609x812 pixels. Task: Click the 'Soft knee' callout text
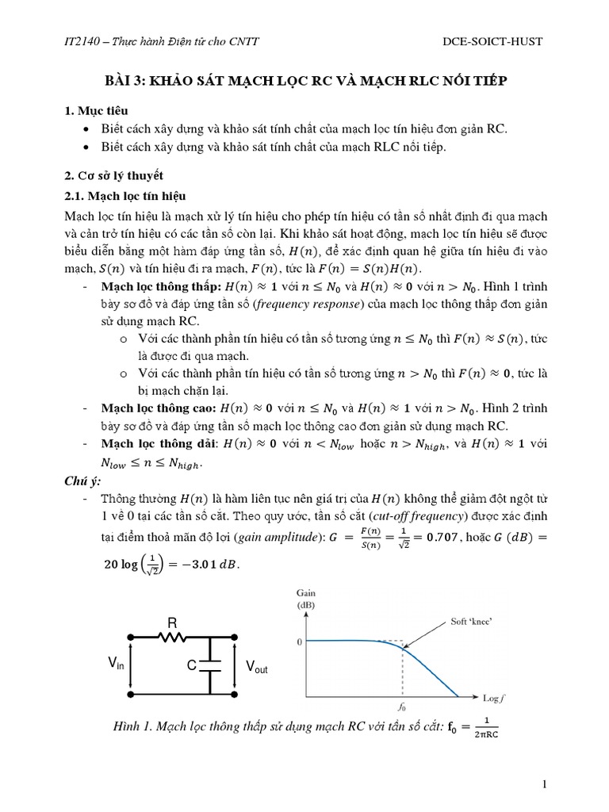click(473, 623)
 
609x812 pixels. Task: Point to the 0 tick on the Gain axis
click(300, 642)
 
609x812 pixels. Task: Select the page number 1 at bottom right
click(545, 784)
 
